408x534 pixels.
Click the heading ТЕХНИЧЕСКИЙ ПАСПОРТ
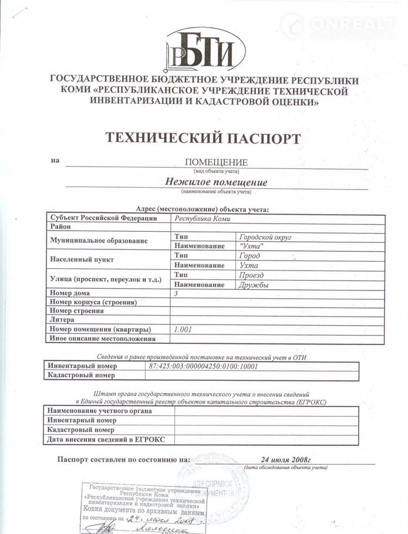(x=203, y=138)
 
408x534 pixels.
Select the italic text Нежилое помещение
(x=216, y=182)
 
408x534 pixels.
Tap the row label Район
(x=60, y=227)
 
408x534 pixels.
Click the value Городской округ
(x=265, y=236)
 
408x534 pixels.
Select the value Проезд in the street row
(x=252, y=275)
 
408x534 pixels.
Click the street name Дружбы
(x=254, y=285)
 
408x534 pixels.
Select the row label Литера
(x=62, y=320)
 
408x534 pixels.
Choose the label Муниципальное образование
(x=97, y=241)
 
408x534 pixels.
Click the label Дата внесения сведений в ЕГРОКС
(x=106, y=439)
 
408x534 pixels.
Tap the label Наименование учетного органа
(x=100, y=411)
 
